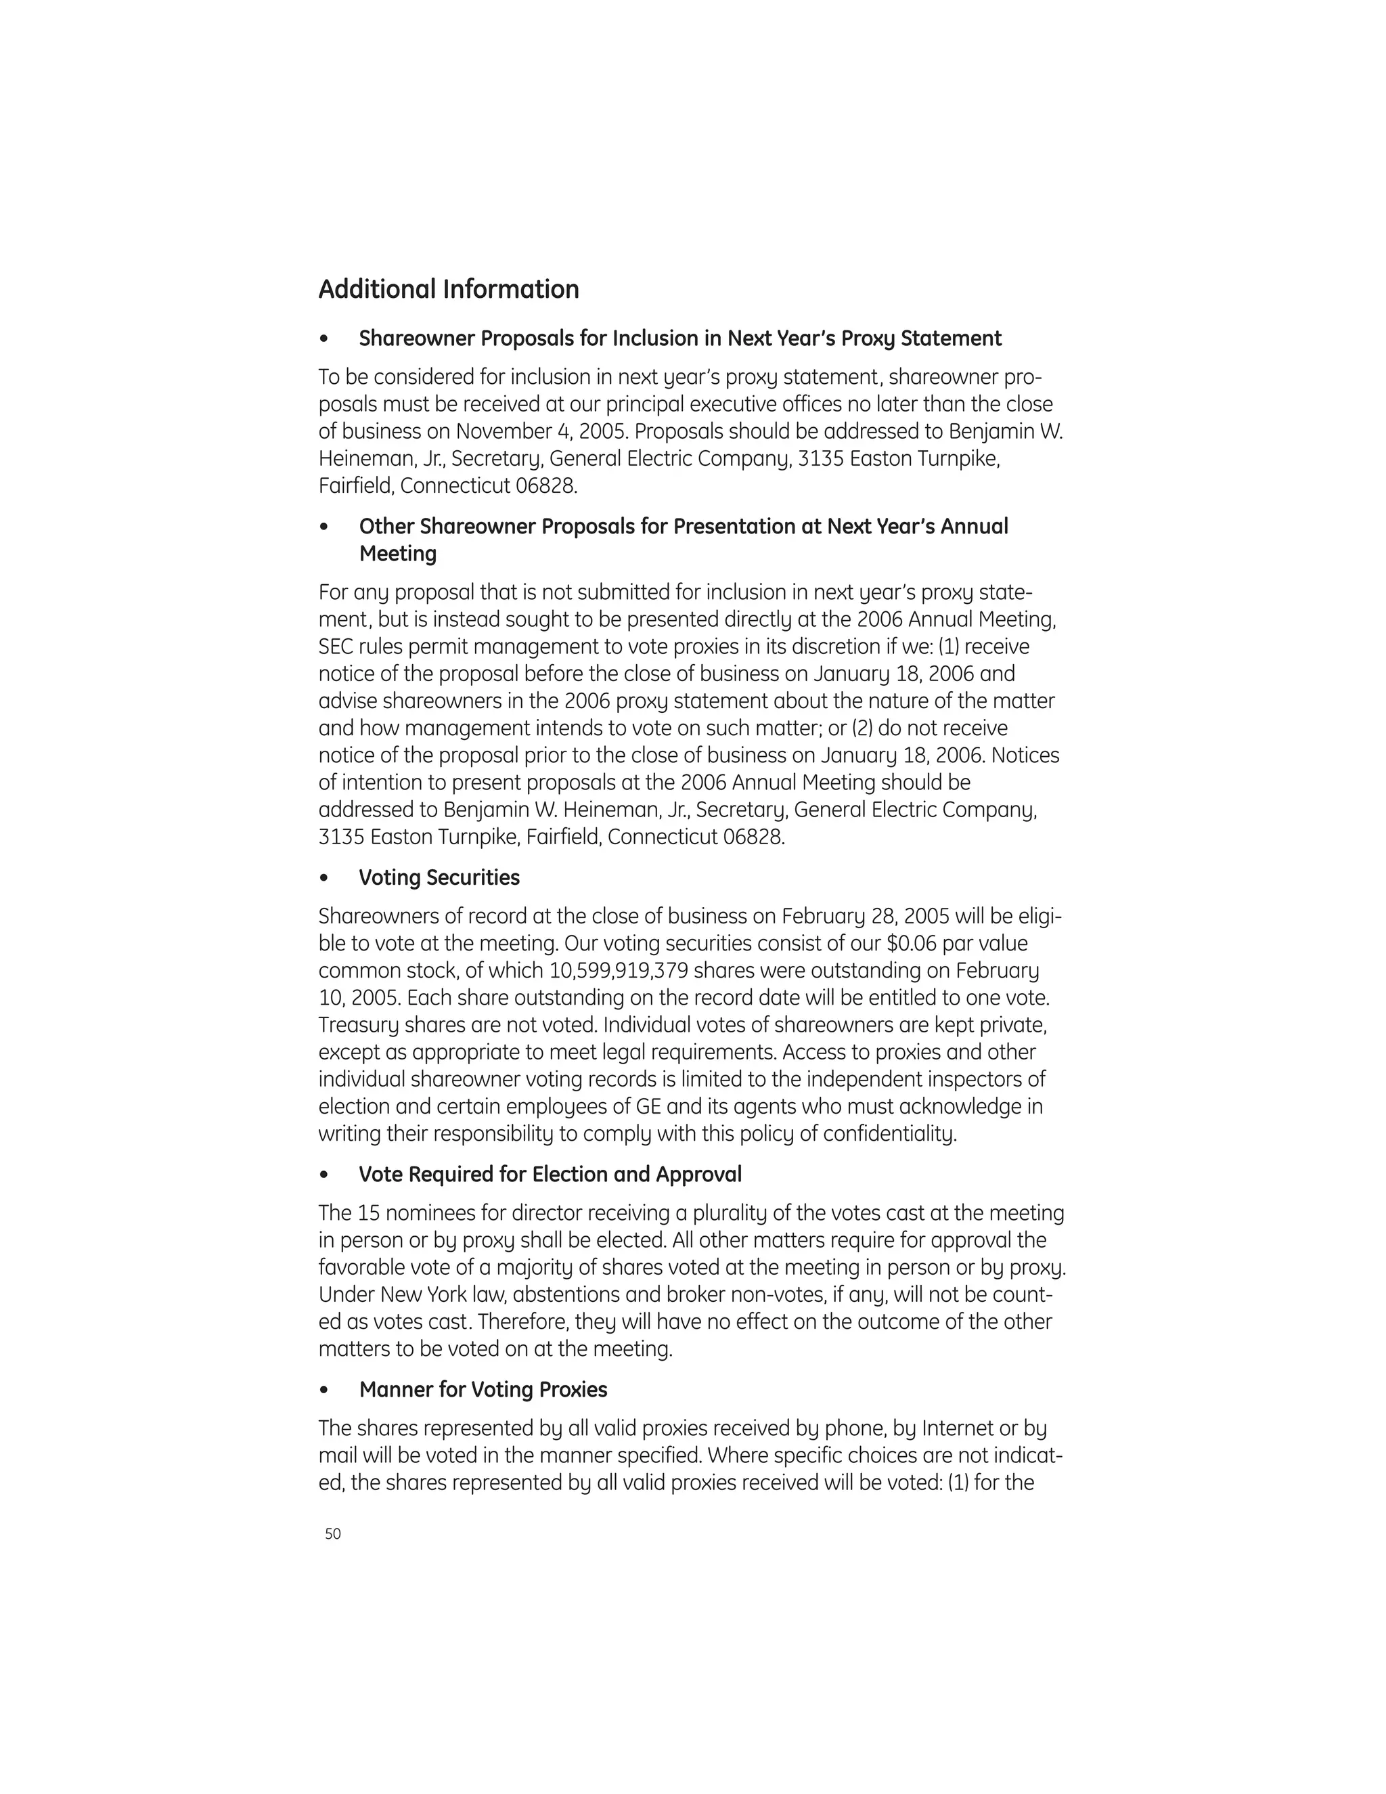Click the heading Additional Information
tap(448, 289)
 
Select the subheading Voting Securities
tap(439, 877)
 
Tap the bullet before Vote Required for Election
tap(325, 1175)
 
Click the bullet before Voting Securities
tap(325, 879)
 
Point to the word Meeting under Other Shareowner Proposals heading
tap(397, 554)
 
